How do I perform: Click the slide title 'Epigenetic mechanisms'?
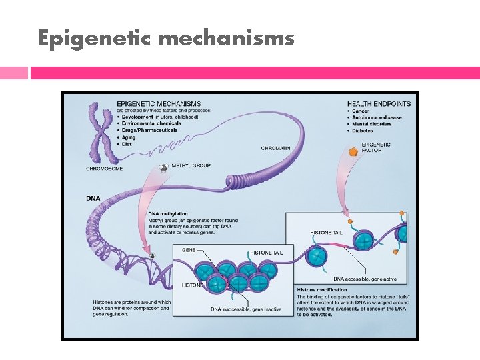coord(165,38)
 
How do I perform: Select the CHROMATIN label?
coord(275,148)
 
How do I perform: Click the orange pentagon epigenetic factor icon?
coord(354,153)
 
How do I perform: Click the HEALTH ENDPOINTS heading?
coord(379,104)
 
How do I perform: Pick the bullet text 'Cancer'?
coord(363,111)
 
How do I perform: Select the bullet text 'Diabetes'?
coord(365,131)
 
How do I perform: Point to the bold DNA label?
coord(93,198)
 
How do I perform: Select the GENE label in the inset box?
coord(189,250)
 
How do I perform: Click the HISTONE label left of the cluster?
coord(192,285)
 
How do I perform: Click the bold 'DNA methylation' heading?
coord(168,214)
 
